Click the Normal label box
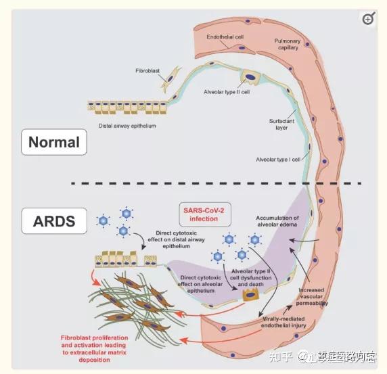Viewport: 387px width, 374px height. click(53, 143)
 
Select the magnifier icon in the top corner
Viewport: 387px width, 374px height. click(368, 19)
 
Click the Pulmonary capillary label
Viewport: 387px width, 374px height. click(292, 45)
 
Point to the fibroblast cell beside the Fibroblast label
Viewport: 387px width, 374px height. click(170, 78)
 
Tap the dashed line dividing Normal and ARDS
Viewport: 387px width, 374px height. click(217, 183)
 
